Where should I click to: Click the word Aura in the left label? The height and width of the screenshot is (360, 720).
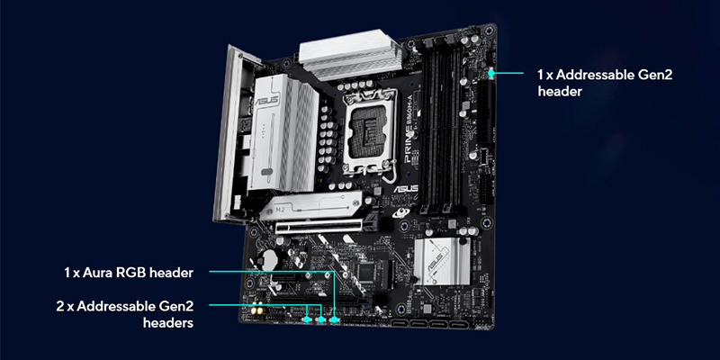pyautogui.click(x=99, y=274)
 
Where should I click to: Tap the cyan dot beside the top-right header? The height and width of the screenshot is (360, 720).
pyautogui.click(x=491, y=73)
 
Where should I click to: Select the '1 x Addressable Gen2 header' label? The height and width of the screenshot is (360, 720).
pyautogui.click(x=605, y=83)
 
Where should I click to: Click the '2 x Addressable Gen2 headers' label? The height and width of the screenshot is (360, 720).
pyautogui.click(x=125, y=314)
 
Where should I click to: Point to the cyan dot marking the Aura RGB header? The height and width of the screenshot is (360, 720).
pyautogui.click(x=335, y=319)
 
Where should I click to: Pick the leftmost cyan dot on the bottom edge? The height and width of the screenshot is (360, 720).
pyautogui.click(x=307, y=319)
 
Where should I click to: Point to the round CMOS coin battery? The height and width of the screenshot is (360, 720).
pyautogui.click(x=265, y=259)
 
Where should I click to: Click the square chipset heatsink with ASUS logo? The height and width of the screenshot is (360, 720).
pyautogui.click(x=442, y=262)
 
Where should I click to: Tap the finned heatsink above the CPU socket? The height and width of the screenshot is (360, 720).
pyautogui.click(x=351, y=54)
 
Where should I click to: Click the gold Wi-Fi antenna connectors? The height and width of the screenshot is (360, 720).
pyautogui.click(x=257, y=311)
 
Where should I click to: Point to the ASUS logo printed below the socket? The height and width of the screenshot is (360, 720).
pyautogui.click(x=406, y=189)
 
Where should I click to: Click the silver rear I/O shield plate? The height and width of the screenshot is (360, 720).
pyautogui.click(x=228, y=134)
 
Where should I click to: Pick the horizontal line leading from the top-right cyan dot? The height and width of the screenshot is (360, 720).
pyautogui.click(x=508, y=73)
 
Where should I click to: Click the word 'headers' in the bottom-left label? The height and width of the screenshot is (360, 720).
pyautogui.click(x=168, y=323)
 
